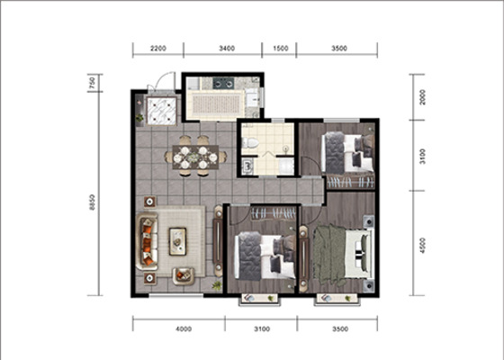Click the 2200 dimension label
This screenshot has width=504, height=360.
158,49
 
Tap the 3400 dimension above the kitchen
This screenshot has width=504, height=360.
227,49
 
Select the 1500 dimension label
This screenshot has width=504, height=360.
280,49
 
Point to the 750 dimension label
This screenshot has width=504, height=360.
92,83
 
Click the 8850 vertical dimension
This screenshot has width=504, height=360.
92,202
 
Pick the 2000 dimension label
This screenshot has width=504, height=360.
422,97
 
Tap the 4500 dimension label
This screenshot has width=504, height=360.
422,245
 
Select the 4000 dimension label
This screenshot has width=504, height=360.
184,329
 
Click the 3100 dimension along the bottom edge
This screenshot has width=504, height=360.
262,329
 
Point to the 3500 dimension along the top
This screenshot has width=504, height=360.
339,49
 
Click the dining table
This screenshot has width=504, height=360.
195,157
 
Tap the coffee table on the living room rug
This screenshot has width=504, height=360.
178,241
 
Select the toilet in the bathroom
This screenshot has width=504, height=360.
250,142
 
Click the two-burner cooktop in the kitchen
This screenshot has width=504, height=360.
223,84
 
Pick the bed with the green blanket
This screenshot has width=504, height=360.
342,254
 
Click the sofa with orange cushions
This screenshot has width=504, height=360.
148,241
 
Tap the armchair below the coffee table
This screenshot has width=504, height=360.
184,276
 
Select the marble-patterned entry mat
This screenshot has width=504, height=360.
161,111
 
